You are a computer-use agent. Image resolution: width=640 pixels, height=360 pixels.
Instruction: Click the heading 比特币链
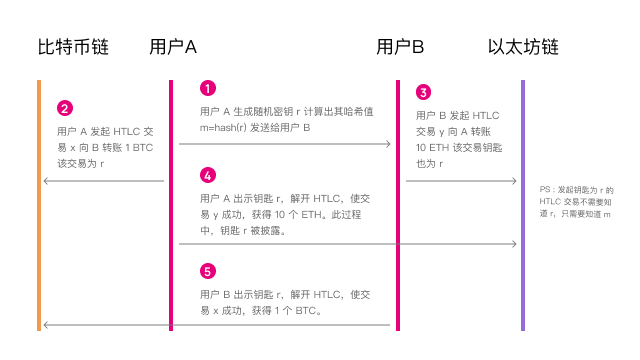[73, 47]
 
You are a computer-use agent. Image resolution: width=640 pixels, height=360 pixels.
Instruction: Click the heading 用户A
[172, 47]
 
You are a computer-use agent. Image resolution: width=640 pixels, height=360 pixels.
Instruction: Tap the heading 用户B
[400, 47]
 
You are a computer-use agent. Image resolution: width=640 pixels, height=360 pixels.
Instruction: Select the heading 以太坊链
[522, 47]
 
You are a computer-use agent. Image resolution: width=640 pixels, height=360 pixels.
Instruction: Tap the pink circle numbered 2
[65, 108]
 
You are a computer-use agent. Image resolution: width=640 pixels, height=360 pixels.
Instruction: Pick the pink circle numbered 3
[423, 92]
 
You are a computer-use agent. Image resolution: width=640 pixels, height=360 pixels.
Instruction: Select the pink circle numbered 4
[208, 175]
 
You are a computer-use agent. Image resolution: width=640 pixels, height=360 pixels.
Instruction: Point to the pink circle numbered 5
[208, 271]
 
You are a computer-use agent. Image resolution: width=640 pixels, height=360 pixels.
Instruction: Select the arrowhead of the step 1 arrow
[388, 145]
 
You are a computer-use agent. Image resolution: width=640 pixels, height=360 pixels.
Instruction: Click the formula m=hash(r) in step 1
[229, 128]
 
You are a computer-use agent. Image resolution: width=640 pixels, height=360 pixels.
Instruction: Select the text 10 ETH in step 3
[430, 146]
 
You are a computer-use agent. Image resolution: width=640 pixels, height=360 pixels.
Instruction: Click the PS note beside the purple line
[577, 202]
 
